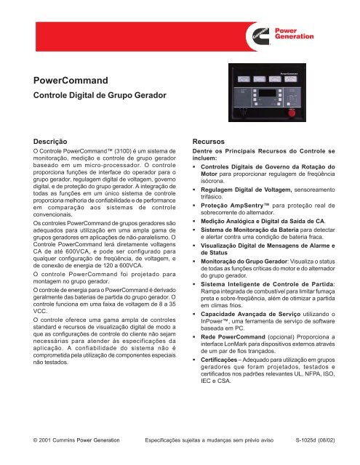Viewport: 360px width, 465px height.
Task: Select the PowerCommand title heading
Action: point(71,81)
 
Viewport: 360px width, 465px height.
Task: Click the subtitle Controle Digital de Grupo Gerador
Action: point(95,94)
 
